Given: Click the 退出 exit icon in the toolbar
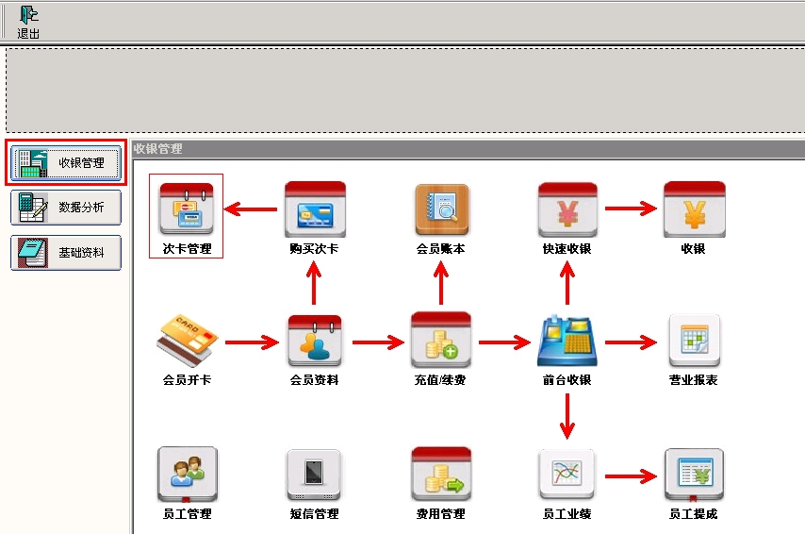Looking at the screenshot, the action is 28,15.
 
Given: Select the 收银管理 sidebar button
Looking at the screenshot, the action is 66,163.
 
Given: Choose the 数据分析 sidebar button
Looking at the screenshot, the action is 66,208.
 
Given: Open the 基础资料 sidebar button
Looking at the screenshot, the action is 66,252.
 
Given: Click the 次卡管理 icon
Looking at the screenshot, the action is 187,209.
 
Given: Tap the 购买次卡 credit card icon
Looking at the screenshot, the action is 315,209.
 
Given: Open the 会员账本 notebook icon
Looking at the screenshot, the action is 441,209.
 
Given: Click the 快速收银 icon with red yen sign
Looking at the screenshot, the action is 567,209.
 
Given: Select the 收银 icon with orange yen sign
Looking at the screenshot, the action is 694,209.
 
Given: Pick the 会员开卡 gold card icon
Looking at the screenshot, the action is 187,341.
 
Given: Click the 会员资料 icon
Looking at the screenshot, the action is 315,341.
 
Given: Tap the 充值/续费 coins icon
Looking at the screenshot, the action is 441,340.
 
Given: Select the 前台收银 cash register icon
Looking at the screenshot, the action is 567,341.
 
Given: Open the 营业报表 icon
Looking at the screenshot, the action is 694,341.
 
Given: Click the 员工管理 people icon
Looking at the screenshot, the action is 188,474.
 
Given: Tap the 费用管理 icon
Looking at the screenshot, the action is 441,474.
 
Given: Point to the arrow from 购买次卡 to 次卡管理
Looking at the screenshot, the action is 251,209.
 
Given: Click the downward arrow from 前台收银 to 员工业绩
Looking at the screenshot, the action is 567,416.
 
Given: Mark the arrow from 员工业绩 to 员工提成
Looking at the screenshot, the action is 631,476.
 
